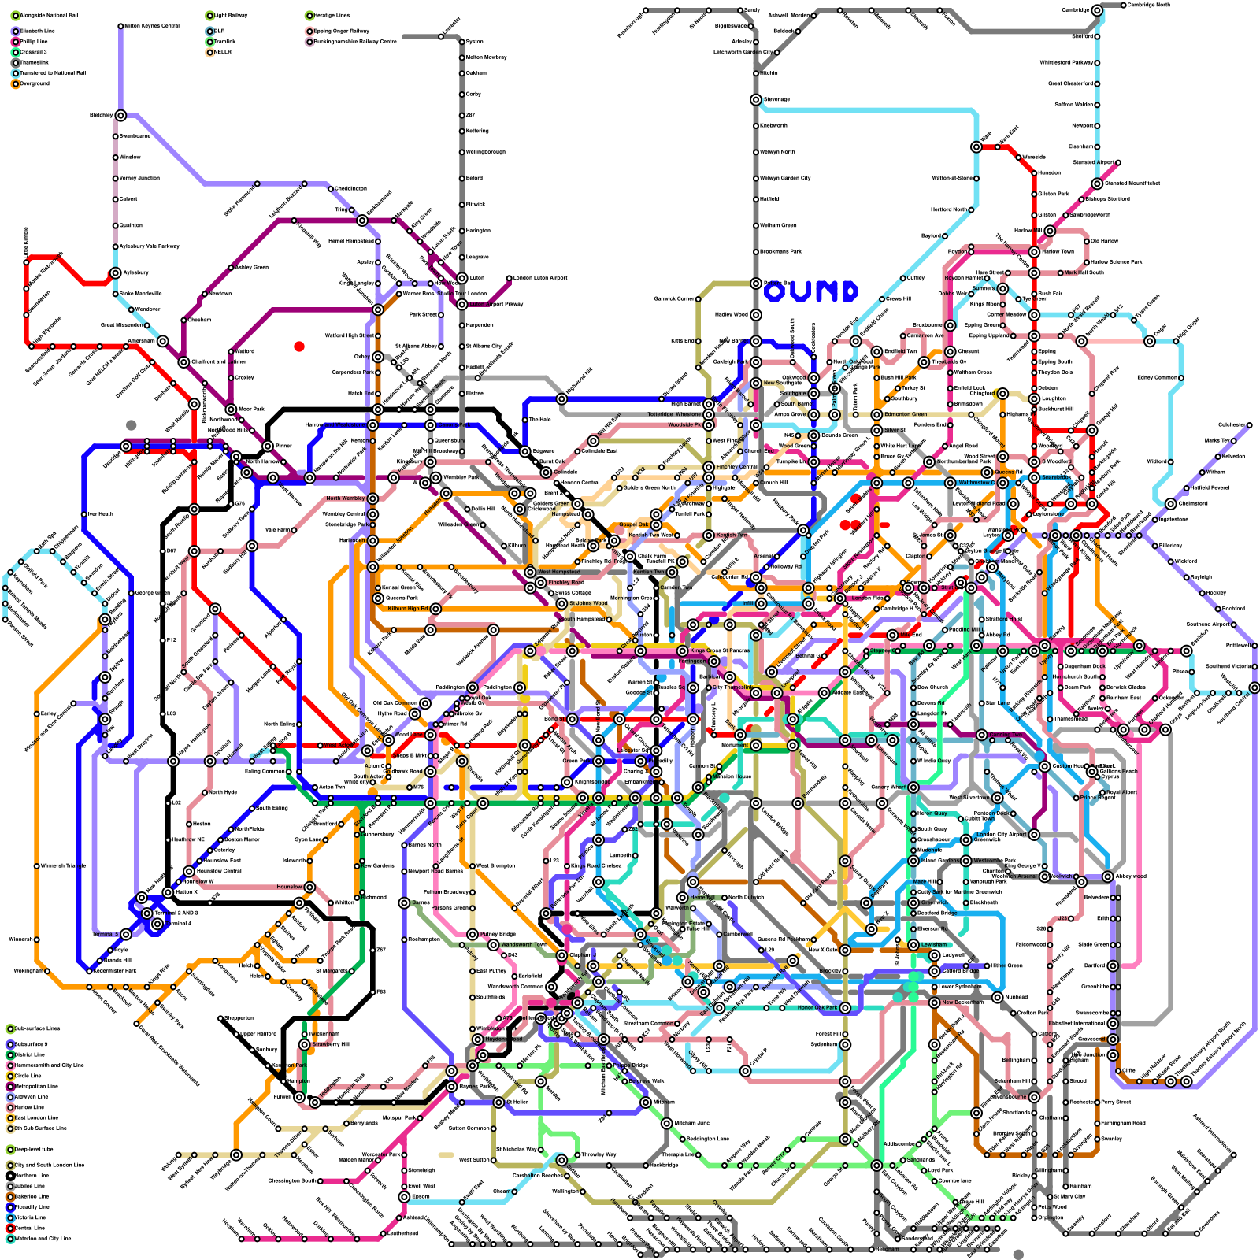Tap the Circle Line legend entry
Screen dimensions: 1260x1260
tap(28, 1076)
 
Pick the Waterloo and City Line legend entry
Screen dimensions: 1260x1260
tap(43, 1239)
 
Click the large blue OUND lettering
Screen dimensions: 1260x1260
tap(810, 292)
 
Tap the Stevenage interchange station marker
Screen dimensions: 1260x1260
tap(756, 100)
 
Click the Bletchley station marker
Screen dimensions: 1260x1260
tap(120, 116)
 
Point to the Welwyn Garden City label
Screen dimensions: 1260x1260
tap(785, 178)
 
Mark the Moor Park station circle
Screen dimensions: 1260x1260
tap(231, 409)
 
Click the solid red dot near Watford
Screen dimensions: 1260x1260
tap(299, 346)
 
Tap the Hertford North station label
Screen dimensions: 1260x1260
tap(948, 210)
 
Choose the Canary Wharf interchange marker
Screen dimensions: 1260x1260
tap(913, 787)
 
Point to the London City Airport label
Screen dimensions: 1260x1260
tap(1001, 834)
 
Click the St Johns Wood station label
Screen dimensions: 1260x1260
tap(588, 603)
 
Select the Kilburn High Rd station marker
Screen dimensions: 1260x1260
tap(435, 609)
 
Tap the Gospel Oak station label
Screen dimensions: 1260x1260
tap(633, 524)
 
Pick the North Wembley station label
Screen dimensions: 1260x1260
tap(345, 498)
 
